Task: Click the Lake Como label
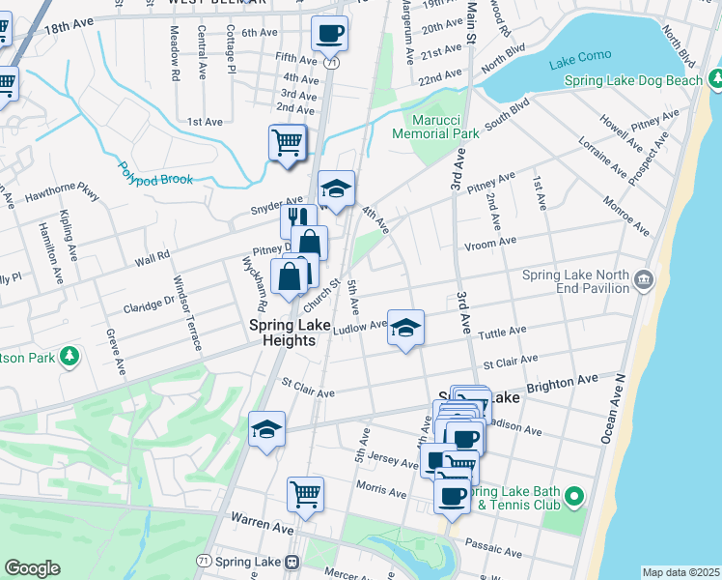click(x=575, y=63)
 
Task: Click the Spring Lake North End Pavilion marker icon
click(x=645, y=281)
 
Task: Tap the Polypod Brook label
click(x=156, y=171)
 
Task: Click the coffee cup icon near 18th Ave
click(x=328, y=35)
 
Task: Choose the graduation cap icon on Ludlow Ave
click(x=405, y=329)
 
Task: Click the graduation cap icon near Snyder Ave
click(x=336, y=189)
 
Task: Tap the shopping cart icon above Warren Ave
click(x=305, y=494)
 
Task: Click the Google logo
click(x=32, y=568)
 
